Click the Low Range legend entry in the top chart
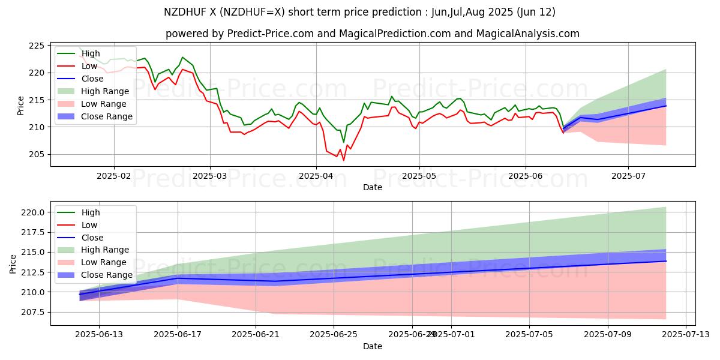coord(105,104)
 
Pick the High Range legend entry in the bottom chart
coord(105,250)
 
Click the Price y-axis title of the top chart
coord(21,106)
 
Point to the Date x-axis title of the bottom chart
coord(373,347)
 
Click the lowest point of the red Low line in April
coord(344,160)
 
